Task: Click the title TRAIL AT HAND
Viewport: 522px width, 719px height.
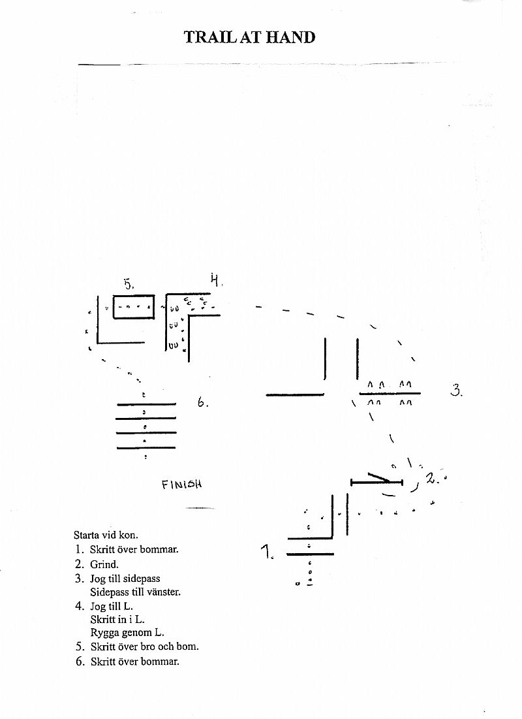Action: [250, 37]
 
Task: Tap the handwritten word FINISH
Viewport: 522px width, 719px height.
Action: [181, 484]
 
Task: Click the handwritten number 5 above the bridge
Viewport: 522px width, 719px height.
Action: [129, 284]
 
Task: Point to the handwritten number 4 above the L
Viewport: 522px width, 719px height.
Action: [215, 279]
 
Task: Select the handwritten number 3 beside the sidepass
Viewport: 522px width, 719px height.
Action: [457, 391]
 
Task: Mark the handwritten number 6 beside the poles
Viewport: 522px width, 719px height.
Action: [202, 403]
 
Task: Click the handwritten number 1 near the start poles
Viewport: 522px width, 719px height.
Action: [267, 552]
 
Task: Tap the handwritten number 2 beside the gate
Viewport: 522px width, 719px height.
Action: [432, 478]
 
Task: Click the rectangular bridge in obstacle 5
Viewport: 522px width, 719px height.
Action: [134, 307]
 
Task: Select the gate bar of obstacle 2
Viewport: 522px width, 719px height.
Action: [376, 482]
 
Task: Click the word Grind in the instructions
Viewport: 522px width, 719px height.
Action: [104, 564]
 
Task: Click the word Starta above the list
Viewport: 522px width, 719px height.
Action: [87, 535]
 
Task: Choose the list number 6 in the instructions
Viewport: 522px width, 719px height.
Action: [80, 662]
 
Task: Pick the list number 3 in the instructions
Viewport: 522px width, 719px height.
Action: [80, 579]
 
